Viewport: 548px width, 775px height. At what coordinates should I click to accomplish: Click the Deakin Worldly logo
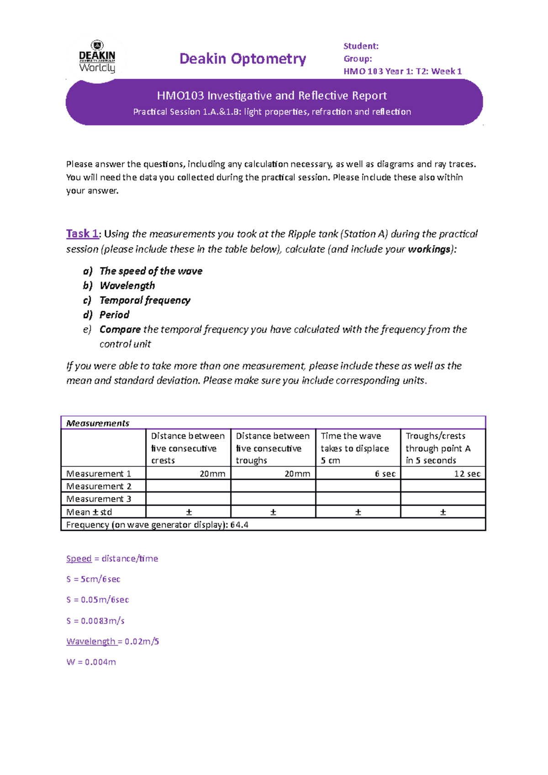(x=97, y=58)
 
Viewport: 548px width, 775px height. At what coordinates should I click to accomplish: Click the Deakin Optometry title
(x=242, y=59)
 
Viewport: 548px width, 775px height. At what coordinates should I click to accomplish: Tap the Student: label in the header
(x=361, y=46)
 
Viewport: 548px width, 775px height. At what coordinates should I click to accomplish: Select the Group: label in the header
(x=358, y=59)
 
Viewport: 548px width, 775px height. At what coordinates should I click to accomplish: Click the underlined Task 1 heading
(x=82, y=234)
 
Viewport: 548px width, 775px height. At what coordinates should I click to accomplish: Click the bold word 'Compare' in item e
(x=120, y=330)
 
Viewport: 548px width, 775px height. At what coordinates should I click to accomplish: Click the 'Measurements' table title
(x=98, y=423)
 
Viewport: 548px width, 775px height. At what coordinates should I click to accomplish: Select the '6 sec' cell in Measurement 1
(x=385, y=474)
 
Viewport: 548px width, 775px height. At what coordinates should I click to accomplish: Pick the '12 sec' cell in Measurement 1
(x=467, y=474)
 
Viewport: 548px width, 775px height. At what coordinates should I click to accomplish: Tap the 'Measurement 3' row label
(x=99, y=499)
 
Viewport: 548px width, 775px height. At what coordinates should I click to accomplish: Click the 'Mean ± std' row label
(x=89, y=512)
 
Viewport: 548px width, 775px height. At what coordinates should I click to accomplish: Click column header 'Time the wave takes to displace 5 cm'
(x=355, y=448)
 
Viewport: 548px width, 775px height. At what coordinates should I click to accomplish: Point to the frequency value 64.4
(x=239, y=525)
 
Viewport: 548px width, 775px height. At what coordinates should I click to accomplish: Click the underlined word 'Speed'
(x=79, y=559)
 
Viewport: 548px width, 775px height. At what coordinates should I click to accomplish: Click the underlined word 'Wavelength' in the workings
(x=91, y=641)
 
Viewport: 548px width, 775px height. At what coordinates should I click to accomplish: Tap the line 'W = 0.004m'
(x=91, y=662)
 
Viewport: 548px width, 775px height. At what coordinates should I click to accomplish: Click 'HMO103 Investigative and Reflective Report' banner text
(x=272, y=95)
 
